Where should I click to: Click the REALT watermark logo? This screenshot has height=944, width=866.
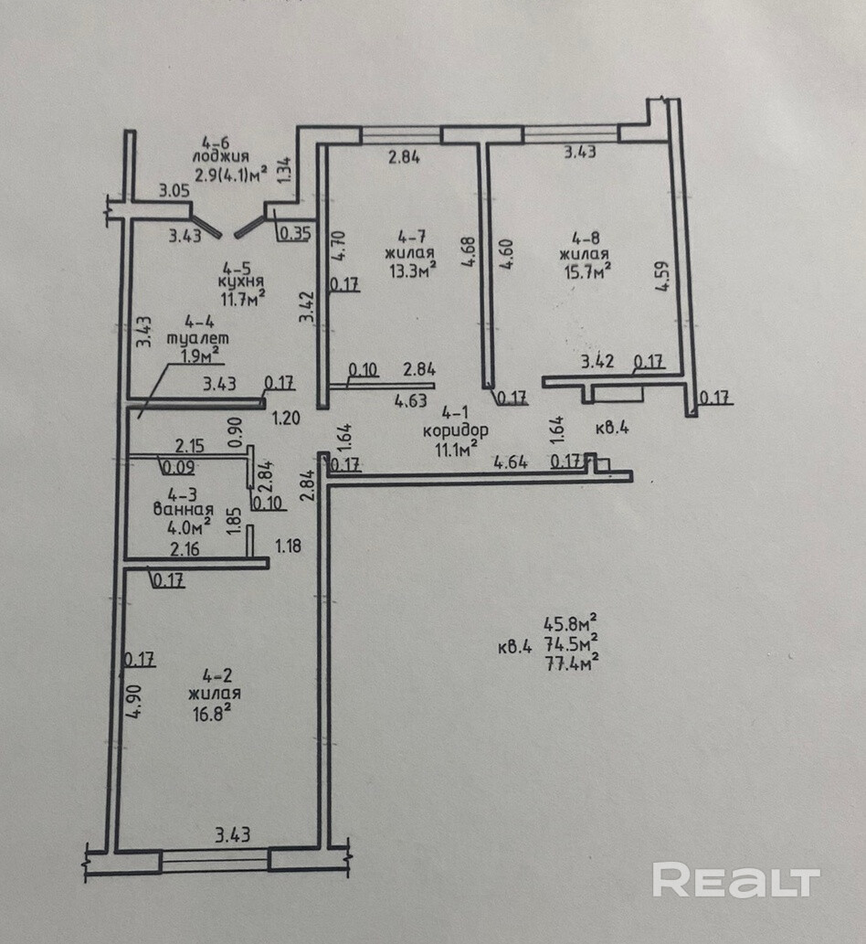[736, 880]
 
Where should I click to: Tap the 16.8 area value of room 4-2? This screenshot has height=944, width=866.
[212, 714]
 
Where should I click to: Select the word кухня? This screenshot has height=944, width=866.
[241, 281]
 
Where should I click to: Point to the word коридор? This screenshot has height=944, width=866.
[456, 430]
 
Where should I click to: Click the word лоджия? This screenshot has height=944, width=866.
[221, 156]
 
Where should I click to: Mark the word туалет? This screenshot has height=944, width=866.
[198, 338]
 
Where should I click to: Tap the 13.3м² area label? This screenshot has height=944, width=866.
[412, 270]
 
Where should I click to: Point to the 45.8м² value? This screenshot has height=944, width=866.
[571, 622]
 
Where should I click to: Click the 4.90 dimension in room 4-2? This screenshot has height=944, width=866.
[134, 701]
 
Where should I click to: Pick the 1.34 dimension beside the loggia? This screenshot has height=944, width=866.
[285, 170]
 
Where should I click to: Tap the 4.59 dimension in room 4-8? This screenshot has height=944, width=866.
[662, 276]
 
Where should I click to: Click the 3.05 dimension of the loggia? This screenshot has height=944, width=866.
[174, 191]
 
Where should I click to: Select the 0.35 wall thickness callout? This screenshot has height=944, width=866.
[295, 233]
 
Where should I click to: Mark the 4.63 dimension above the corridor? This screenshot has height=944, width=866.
[410, 400]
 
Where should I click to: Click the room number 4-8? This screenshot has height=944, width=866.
[586, 239]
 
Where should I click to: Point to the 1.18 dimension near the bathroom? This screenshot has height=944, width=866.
[289, 546]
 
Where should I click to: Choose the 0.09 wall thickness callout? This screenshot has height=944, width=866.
[178, 467]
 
